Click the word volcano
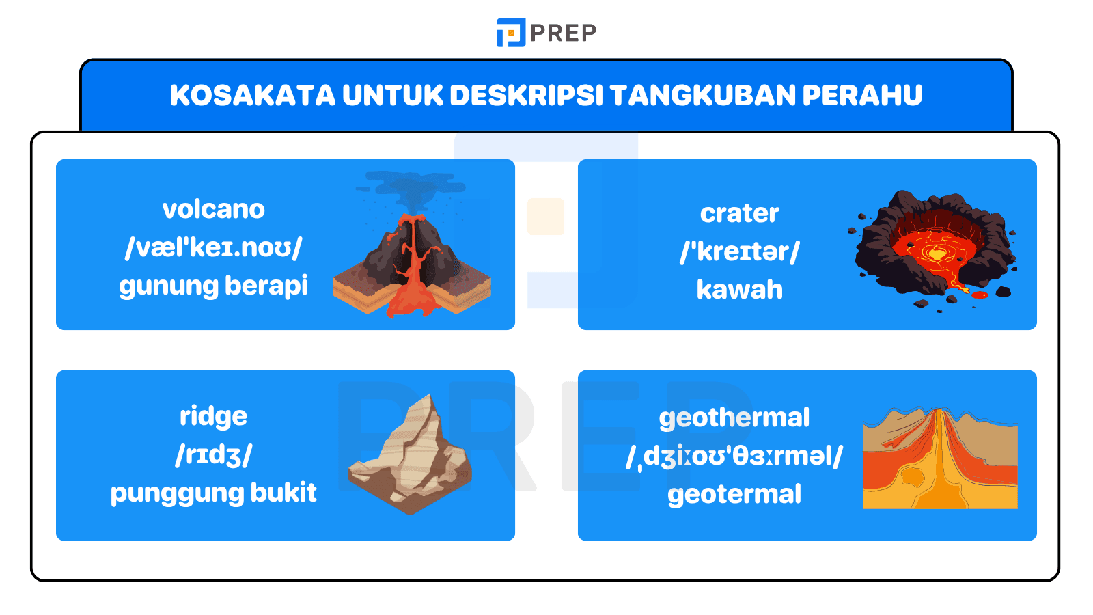tap(213, 210)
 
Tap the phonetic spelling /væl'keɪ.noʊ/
tap(213, 247)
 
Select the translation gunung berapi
tap(213, 286)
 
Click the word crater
tap(739, 214)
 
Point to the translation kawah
tap(739, 290)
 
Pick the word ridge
tap(213, 416)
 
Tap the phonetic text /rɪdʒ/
tap(213, 455)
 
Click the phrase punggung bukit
tap(213, 493)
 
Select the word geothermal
tap(734, 418)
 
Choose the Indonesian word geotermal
tap(734, 494)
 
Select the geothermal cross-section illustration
tap(940, 459)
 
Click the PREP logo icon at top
tap(510, 33)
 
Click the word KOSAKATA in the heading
tap(252, 96)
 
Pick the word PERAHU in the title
tap(862, 96)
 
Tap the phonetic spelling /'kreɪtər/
tap(739, 252)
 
